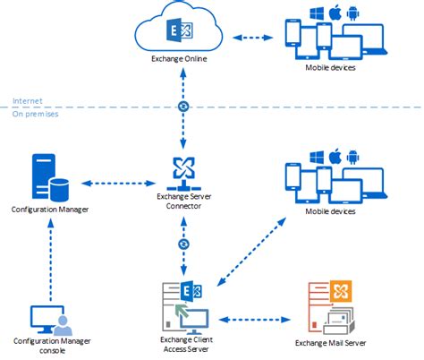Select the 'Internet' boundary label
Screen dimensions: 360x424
pos(27,100)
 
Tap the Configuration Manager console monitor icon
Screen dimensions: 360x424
pos(47,318)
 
